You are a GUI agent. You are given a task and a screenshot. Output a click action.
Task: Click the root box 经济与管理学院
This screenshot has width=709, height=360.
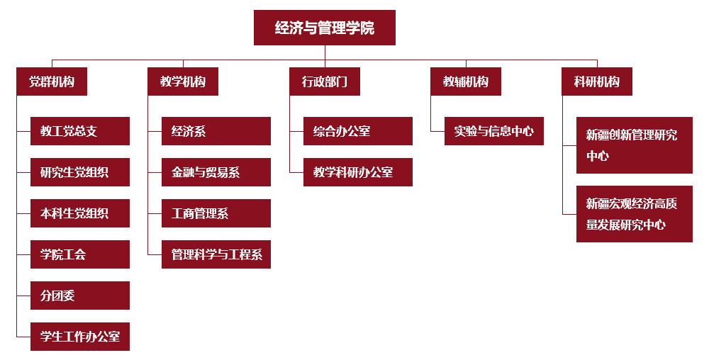pyautogui.click(x=325, y=28)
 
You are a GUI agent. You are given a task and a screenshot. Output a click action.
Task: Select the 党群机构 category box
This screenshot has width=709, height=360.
pyautogui.click(x=52, y=81)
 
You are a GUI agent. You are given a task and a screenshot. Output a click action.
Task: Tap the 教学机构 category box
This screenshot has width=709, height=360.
pyautogui.click(x=183, y=81)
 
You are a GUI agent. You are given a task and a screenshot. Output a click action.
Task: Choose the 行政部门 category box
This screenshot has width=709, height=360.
pyautogui.click(x=325, y=81)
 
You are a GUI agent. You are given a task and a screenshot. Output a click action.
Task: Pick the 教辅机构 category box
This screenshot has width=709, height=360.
pyautogui.click(x=466, y=81)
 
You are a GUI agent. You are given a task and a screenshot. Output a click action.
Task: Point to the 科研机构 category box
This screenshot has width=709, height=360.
pyautogui.click(x=597, y=81)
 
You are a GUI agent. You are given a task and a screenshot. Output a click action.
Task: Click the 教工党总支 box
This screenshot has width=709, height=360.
pyautogui.click(x=80, y=131)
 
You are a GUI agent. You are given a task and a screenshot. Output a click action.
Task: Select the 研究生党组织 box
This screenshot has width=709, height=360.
pyautogui.click(x=80, y=172)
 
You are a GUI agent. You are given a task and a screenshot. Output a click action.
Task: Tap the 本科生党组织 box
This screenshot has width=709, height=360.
pyautogui.click(x=80, y=213)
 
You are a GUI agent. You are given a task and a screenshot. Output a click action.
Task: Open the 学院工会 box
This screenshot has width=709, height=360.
pyautogui.click(x=80, y=254)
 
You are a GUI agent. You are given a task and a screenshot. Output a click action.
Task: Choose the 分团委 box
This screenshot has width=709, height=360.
pyautogui.click(x=80, y=296)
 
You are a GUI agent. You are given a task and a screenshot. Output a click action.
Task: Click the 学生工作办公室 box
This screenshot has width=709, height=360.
pyautogui.click(x=80, y=337)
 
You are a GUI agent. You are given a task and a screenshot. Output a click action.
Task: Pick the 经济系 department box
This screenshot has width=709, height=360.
pyautogui.click(x=216, y=131)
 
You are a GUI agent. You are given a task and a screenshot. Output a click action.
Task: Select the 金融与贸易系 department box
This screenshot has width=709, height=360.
pyautogui.click(x=216, y=172)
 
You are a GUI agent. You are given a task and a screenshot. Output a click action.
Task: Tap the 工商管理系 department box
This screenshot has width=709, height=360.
pyautogui.click(x=216, y=213)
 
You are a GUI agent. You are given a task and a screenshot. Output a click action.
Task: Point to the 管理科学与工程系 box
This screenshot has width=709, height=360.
pyautogui.click(x=216, y=254)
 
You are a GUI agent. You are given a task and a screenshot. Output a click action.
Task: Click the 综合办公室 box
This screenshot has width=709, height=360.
pyautogui.click(x=358, y=131)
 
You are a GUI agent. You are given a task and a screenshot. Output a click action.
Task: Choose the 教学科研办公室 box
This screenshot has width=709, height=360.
pyautogui.click(x=358, y=172)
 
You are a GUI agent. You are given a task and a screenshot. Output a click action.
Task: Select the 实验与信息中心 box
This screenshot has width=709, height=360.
pyautogui.click(x=494, y=131)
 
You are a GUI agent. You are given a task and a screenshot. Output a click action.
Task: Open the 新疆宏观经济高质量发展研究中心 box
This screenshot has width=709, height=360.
pyautogui.click(x=635, y=214)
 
